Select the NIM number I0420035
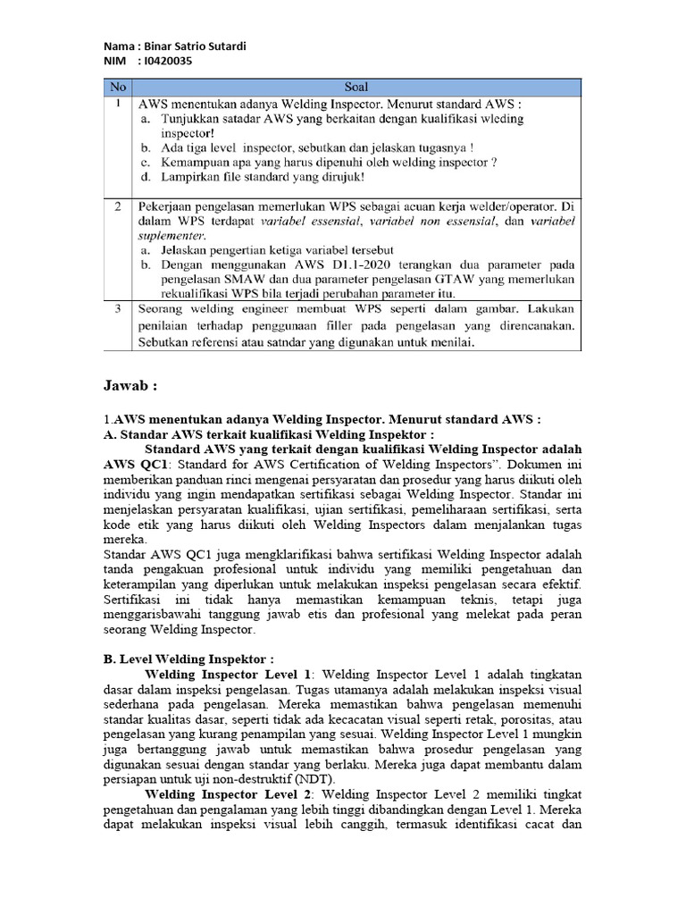[165, 61]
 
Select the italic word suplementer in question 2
[173, 235]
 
